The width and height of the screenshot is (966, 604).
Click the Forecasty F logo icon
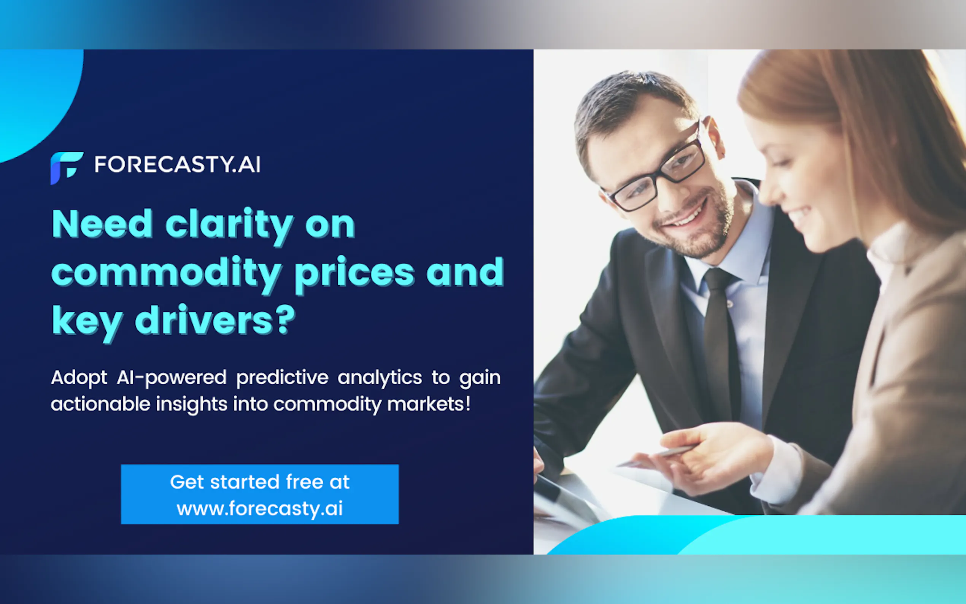click(x=67, y=168)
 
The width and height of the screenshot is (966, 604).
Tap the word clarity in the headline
click(x=229, y=226)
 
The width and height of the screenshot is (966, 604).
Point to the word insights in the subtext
click(x=192, y=404)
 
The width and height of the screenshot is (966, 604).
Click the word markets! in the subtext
click(x=429, y=404)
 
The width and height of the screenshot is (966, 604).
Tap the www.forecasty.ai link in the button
click(x=260, y=509)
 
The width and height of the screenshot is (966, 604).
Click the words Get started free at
click(x=260, y=482)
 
